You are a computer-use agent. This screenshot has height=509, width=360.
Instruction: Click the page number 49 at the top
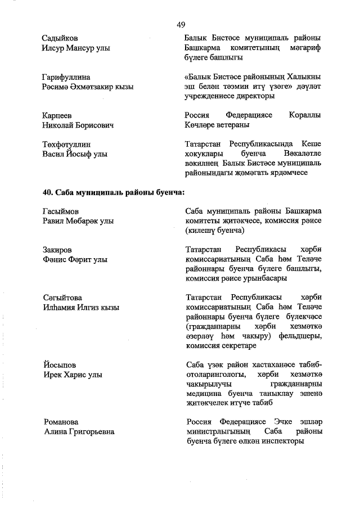pos(181,24)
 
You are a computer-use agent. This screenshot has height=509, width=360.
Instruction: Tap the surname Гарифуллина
pos(67,76)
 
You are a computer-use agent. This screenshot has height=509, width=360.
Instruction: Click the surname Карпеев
pos(57,115)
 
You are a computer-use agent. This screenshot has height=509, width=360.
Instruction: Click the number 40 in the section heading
pos(48,192)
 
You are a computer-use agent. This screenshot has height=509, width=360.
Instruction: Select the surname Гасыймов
pos(61,211)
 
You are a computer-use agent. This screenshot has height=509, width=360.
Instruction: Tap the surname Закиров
pos(58,250)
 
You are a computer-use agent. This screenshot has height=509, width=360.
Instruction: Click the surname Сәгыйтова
pos(62,298)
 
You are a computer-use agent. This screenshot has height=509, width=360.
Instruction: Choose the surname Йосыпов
pos(59,365)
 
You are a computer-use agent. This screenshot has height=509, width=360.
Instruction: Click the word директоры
pos(253,96)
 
